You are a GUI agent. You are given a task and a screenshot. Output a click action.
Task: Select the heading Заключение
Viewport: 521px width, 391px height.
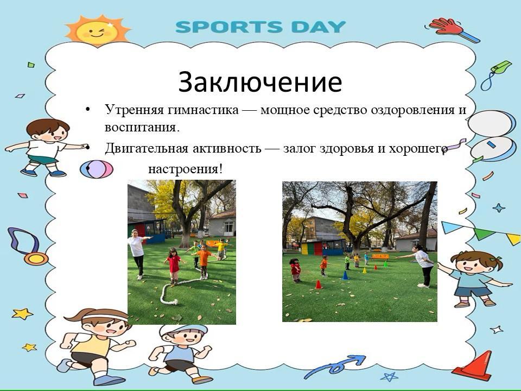point(260,82)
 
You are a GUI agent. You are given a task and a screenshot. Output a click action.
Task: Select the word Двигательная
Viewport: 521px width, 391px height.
point(147,148)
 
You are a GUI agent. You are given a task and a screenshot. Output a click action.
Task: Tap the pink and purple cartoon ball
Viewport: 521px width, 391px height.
point(97,169)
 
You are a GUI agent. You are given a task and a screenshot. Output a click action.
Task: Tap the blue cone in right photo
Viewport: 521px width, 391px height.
point(345,275)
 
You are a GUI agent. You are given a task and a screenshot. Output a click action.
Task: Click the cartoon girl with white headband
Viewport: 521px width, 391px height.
point(97,346)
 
